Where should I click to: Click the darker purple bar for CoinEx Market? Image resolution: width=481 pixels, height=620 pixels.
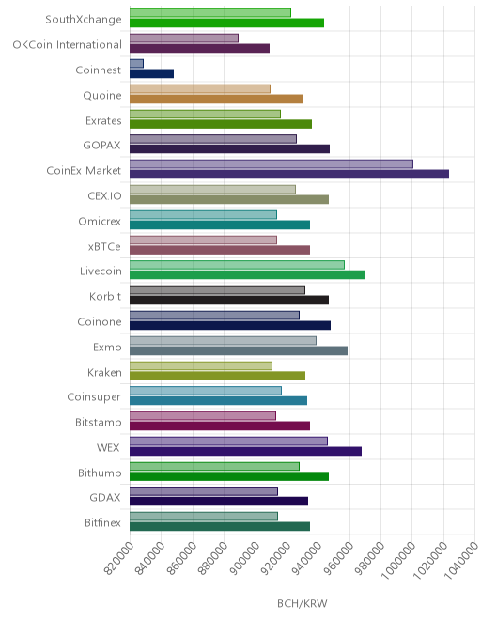click(289, 175)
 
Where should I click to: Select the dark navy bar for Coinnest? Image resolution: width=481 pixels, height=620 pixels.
click(151, 73)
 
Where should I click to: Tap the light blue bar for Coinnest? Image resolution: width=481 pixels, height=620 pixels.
click(136, 63)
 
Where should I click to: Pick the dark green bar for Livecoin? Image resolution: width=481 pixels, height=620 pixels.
click(247, 275)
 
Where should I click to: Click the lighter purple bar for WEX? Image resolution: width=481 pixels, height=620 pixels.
click(228, 442)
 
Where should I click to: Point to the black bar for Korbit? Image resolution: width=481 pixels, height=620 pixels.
click(229, 300)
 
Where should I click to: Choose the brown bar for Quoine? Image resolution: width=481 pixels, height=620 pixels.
click(216, 99)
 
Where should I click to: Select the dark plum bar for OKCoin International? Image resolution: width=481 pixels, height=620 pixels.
click(199, 48)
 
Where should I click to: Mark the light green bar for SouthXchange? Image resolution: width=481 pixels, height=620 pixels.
click(210, 12)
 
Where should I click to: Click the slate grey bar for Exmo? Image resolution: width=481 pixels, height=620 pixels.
click(239, 350)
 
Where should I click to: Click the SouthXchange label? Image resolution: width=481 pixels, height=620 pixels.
click(84, 20)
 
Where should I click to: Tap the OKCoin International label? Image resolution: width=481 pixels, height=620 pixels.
click(68, 45)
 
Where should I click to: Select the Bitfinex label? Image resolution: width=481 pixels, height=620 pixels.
click(102, 522)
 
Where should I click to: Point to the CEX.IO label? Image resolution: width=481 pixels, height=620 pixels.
click(105, 196)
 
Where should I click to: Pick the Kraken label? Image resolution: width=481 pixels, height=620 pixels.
click(104, 373)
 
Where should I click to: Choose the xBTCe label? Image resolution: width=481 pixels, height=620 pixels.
click(104, 247)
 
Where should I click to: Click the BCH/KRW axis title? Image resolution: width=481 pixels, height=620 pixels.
click(303, 603)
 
